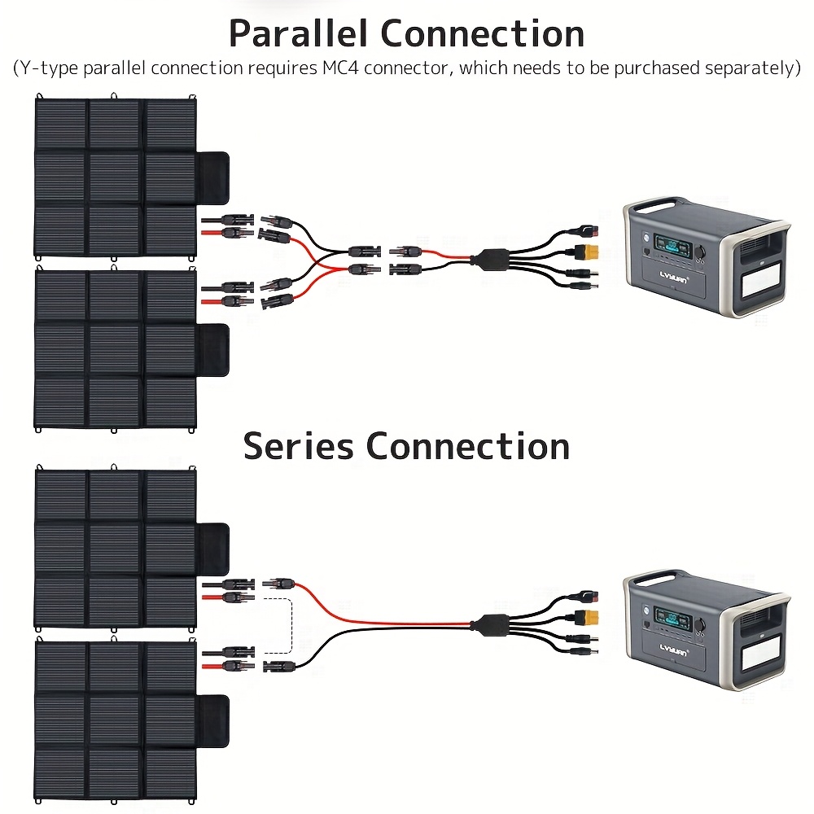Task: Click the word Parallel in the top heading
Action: [x=299, y=33]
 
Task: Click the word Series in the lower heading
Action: [x=298, y=446]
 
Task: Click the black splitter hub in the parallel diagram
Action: [x=488, y=259]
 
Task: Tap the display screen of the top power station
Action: [x=673, y=245]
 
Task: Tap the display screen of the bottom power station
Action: [x=673, y=618]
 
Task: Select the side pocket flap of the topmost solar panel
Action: [x=212, y=177]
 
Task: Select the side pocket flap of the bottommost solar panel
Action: [x=212, y=720]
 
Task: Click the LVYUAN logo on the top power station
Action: [x=674, y=277]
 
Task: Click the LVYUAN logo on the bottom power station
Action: [x=674, y=650]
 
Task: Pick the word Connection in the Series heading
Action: [x=468, y=446]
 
